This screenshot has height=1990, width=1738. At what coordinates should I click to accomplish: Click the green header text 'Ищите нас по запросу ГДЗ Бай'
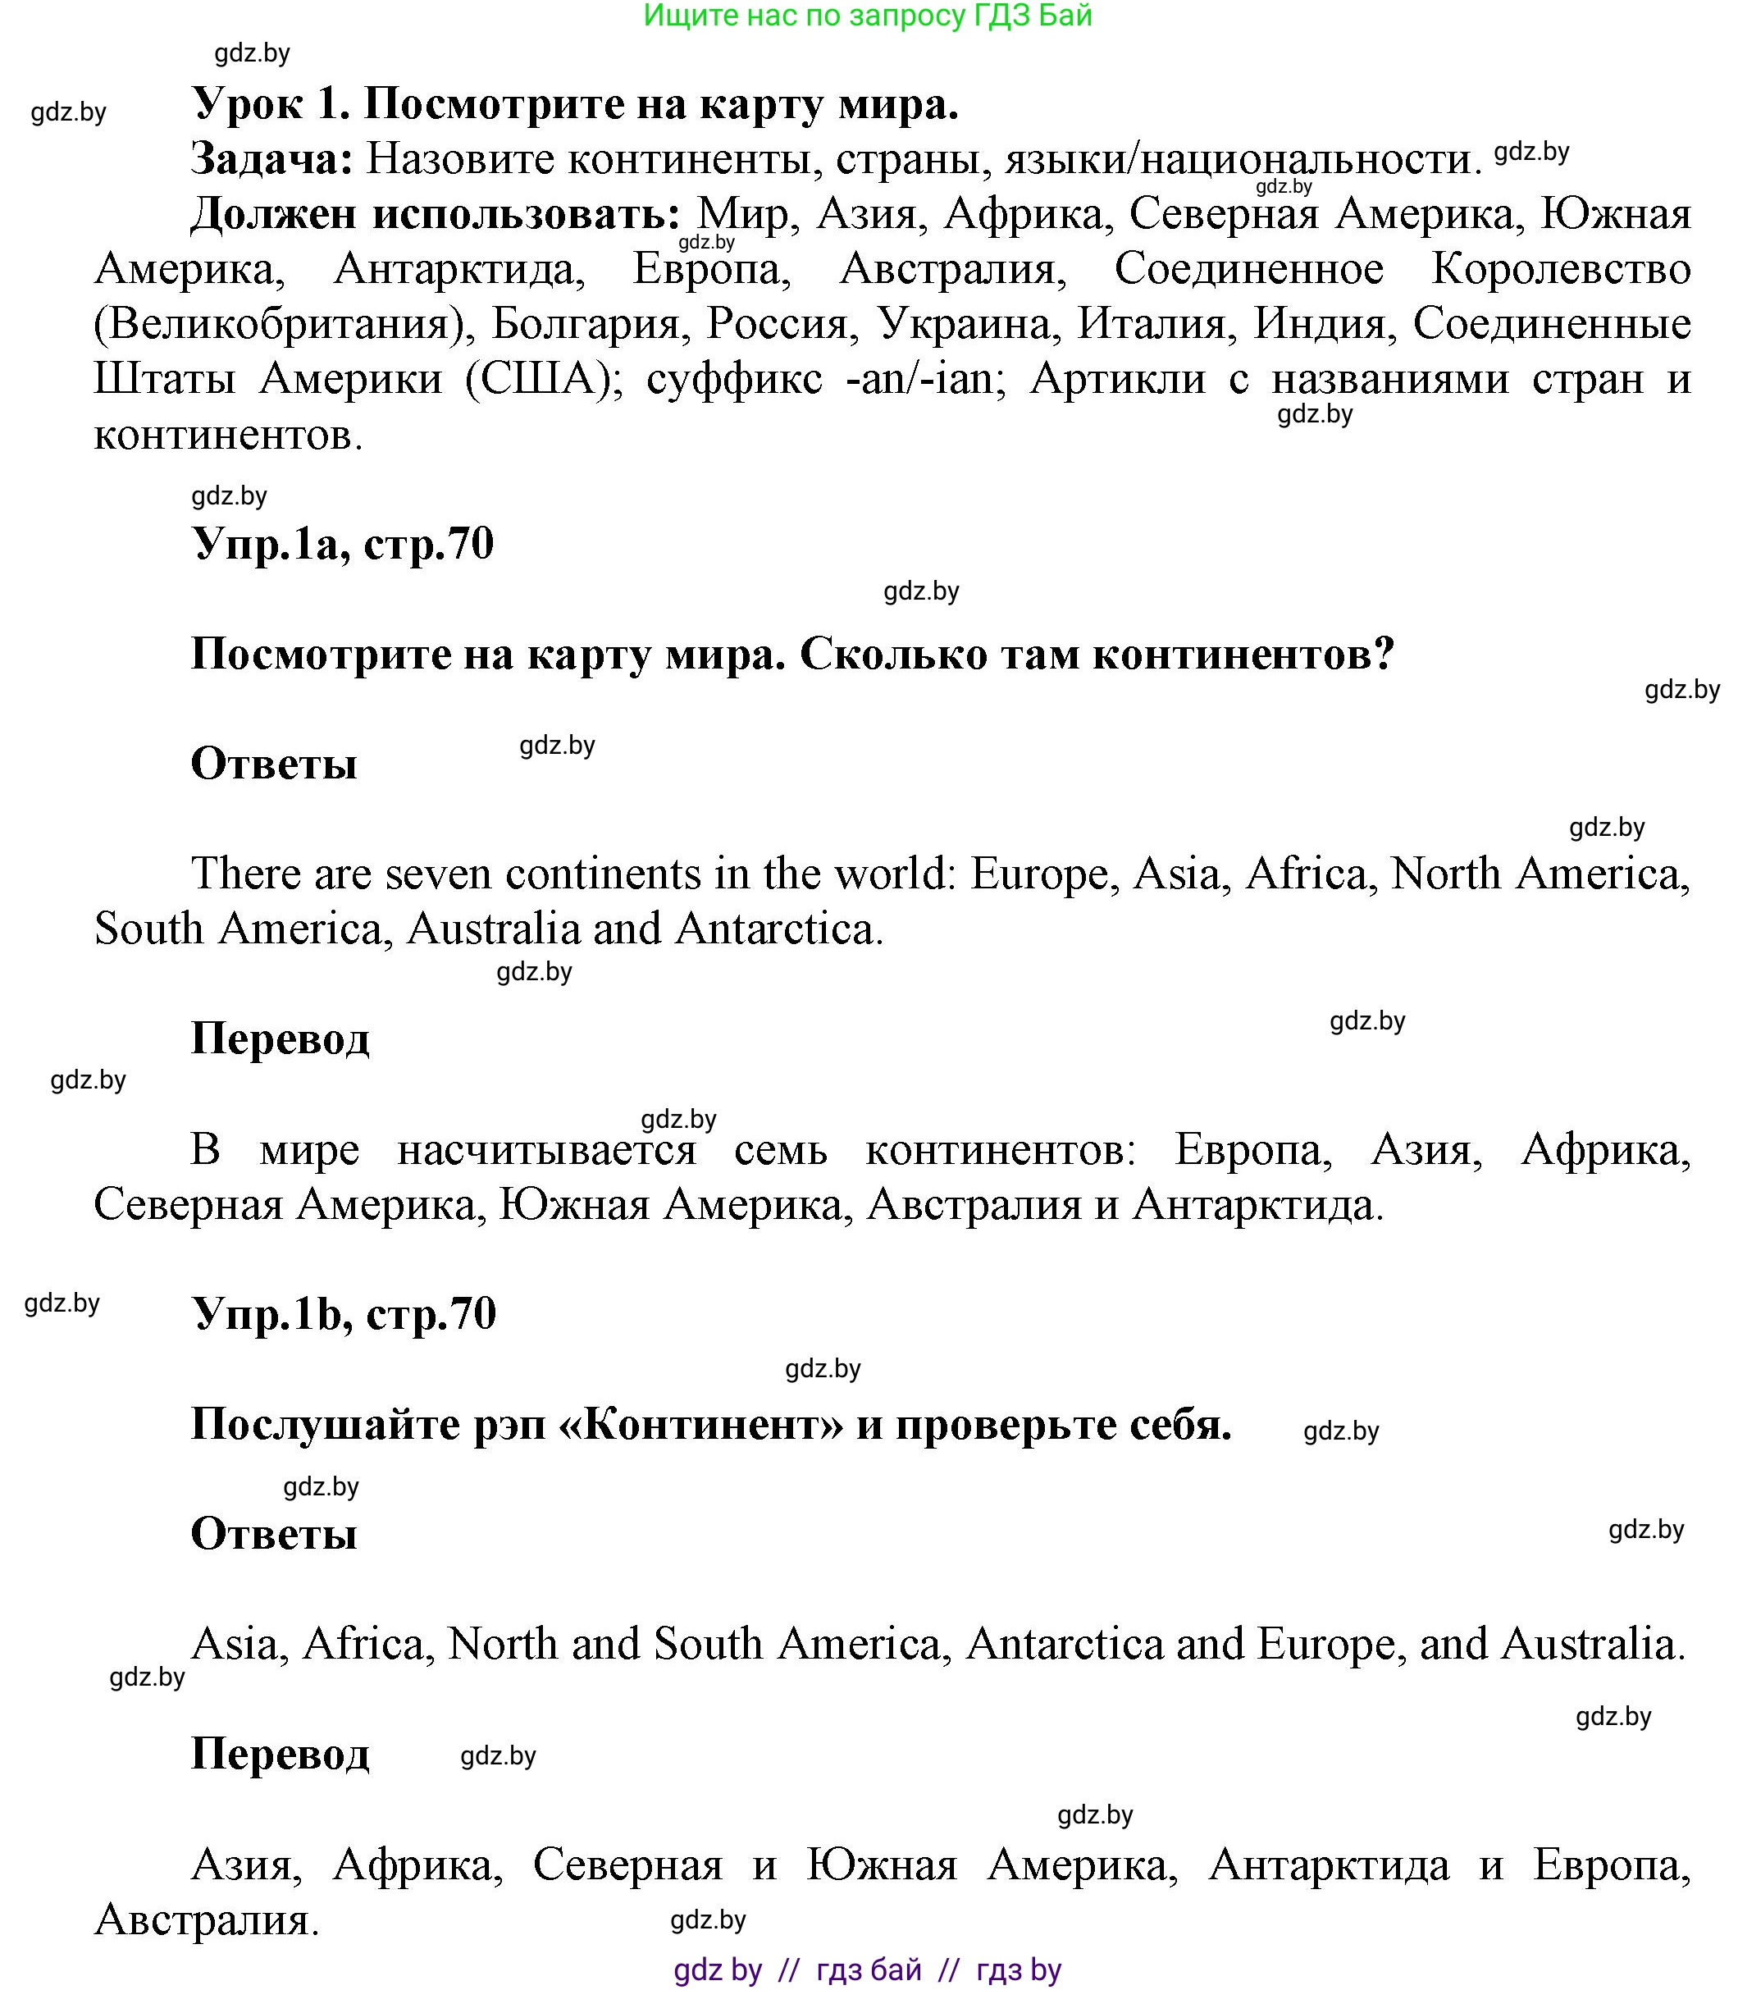point(867,16)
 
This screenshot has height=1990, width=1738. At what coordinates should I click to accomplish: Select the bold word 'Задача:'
point(272,160)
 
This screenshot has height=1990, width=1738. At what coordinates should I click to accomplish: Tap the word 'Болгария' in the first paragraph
point(586,324)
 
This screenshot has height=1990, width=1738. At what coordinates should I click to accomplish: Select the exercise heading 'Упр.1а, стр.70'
point(344,544)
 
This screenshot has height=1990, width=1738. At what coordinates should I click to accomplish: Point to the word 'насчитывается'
point(547,1150)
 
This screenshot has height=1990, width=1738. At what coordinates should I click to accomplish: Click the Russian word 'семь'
point(781,1150)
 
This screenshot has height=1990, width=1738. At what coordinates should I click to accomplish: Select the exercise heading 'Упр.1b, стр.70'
point(344,1314)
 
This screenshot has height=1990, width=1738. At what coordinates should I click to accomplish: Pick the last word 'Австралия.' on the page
point(207,1919)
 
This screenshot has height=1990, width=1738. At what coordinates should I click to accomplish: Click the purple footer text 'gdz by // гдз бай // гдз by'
point(867,1969)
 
